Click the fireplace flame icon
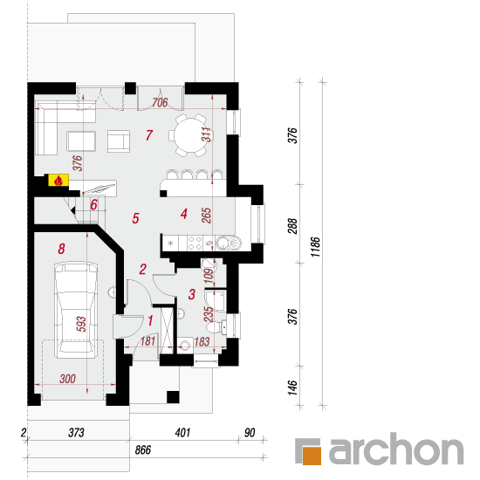pos(58,181)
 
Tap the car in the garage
pos(76,310)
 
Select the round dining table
pos(190,135)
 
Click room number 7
pos(149,135)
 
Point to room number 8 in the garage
pos(62,249)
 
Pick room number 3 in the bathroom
pos(192,294)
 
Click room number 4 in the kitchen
pos(183,214)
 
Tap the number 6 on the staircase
pos(93,204)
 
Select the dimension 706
pos(160,102)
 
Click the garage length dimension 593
pos(81,324)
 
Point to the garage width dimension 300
pos(68,379)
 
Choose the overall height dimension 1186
pos(315,247)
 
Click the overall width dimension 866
pos(143,449)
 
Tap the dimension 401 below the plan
pos(182,433)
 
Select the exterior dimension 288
pos(293,226)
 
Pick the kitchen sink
pos(229,243)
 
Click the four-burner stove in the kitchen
pos(195,243)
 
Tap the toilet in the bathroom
pos(216,327)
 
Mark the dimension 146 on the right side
pos(293,387)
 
